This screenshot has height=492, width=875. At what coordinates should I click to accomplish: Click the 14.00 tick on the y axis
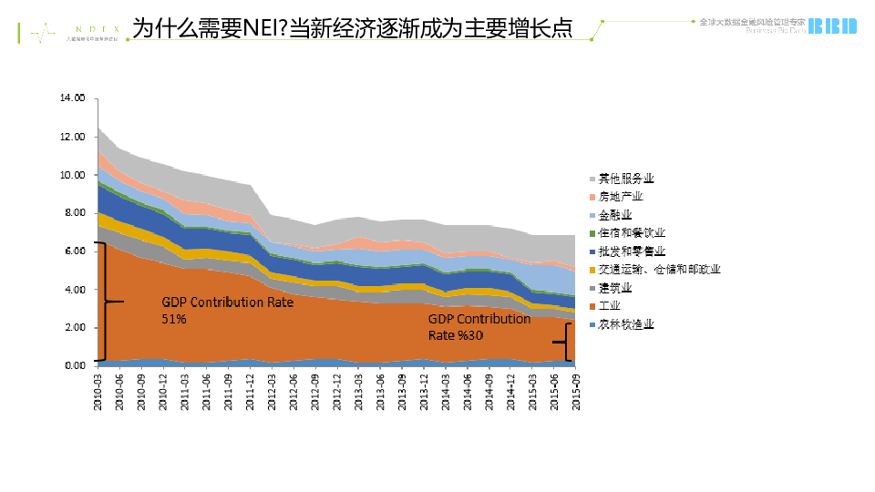click(x=72, y=97)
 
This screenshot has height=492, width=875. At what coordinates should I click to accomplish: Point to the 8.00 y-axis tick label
click(x=73, y=213)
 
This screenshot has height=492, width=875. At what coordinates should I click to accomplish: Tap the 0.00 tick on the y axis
click(x=73, y=366)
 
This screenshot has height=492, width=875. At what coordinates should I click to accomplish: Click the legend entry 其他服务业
click(x=626, y=178)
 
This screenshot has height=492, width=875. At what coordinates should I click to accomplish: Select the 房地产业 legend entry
click(x=621, y=196)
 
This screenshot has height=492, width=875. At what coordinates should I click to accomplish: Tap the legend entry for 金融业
click(x=615, y=214)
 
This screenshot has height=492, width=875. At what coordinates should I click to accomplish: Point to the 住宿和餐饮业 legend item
click(x=632, y=232)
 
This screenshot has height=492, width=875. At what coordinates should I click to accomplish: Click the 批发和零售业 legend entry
click(x=632, y=251)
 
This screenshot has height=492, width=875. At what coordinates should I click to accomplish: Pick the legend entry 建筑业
click(x=615, y=287)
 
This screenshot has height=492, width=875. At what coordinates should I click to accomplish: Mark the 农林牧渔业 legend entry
click(x=626, y=324)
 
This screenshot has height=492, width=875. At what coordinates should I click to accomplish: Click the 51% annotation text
click(x=174, y=319)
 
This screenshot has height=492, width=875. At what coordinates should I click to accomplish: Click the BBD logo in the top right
click(x=833, y=26)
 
